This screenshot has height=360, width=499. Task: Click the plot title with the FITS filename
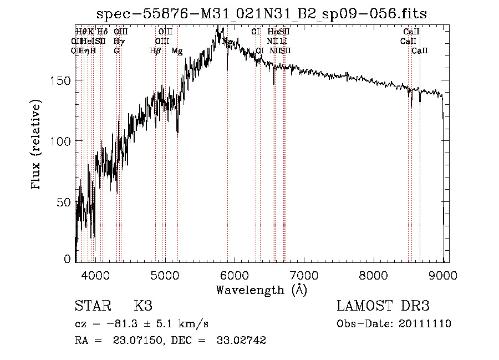(x=262, y=14)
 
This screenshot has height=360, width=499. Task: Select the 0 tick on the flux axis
(x=68, y=258)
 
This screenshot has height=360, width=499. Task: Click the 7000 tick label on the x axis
(x=304, y=275)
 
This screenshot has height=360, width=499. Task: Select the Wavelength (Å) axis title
(x=262, y=290)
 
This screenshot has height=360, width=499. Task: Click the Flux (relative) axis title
(x=37, y=145)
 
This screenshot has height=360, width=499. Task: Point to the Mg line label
(x=177, y=51)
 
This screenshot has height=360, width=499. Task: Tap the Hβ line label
(x=155, y=51)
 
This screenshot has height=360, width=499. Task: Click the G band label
(x=116, y=51)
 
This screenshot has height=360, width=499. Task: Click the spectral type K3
(x=143, y=306)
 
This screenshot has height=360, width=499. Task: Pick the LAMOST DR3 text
(x=383, y=306)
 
